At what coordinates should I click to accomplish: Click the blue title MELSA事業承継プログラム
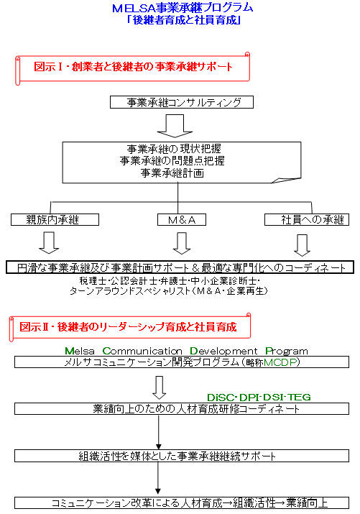pos(183,7)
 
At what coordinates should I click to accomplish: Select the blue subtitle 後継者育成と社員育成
pos(185,20)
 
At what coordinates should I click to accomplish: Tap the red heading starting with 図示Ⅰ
pos(133,67)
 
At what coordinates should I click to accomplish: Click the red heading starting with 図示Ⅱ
pos(128,327)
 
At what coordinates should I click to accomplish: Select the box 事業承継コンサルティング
pos(182,102)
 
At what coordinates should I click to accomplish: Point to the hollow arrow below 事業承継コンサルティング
pos(175,126)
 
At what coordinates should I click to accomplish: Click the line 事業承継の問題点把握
pos(172,160)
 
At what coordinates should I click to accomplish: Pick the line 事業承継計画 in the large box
pos(172,173)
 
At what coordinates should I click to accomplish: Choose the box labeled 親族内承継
pos(55,220)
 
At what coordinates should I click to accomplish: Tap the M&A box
pos(182,220)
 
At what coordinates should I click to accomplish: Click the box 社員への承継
pos(307,220)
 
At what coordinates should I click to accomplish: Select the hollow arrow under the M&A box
pos(182,243)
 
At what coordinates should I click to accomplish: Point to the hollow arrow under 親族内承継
pos(49,242)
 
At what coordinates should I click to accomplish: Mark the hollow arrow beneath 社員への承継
pos(302,245)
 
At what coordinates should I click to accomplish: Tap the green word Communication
pos(142,351)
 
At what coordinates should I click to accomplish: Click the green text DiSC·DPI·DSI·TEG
pos(259,398)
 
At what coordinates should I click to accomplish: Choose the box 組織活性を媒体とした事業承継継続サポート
pos(182,456)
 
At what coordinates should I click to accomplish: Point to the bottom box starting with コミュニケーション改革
pos(182,502)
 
